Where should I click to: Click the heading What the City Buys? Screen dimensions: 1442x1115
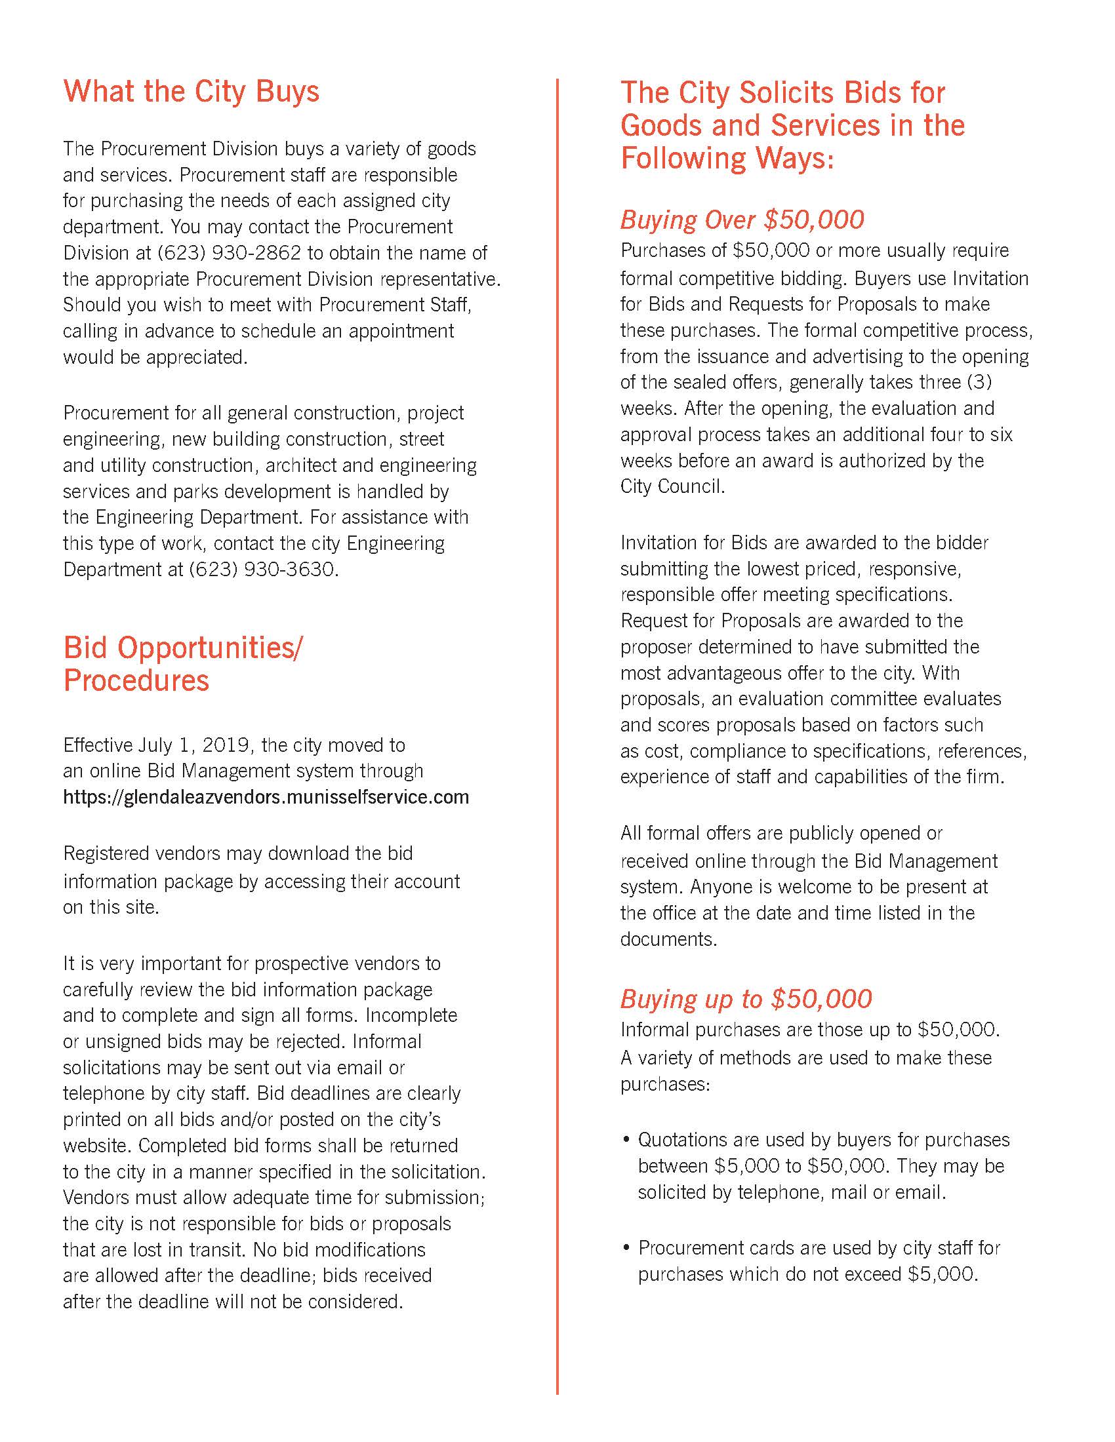(191, 91)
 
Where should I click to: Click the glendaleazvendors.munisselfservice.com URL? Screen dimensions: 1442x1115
(266, 797)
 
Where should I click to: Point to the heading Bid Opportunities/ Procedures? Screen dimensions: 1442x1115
(182, 663)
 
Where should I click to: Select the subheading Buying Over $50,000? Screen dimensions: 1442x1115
(741, 220)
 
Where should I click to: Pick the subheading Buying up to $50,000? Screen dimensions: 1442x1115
(745, 999)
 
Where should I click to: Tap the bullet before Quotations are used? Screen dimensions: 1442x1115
(626, 1140)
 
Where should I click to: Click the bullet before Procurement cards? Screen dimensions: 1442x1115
(626, 1249)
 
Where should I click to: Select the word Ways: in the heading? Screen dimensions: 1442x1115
(796, 159)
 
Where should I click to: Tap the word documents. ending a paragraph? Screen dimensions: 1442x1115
(668, 939)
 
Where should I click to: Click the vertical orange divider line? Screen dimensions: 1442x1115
(557, 726)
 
